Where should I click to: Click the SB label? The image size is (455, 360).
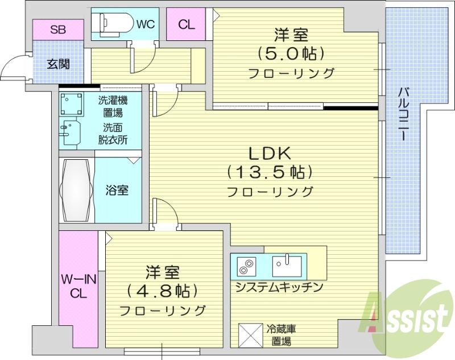pyautogui.click(x=57, y=30)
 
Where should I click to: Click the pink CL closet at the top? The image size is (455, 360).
pyautogui.click(x=186, y=25)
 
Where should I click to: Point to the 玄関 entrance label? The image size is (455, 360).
pyautogui.click(x=58, y=64)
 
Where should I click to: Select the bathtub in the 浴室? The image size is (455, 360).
pyautogui.click(x=76, y=191)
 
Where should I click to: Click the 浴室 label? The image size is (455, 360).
pyautogui.click(x=117, y=190)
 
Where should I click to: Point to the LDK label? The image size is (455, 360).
pyautogui.click(x=270, y=153)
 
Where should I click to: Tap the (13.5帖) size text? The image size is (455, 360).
pyautogui.click(x=270, y=172)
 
